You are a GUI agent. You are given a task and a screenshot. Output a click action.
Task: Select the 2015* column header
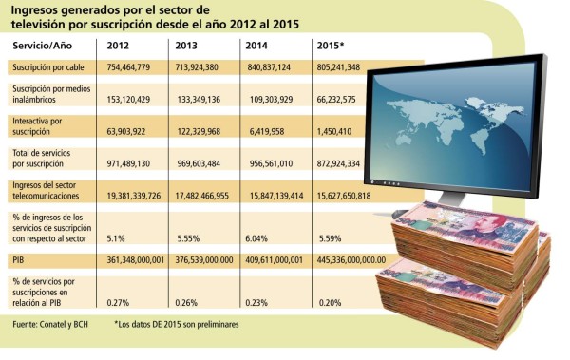pos(332,45)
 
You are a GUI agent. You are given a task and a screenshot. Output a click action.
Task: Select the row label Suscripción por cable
pos(45,68)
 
